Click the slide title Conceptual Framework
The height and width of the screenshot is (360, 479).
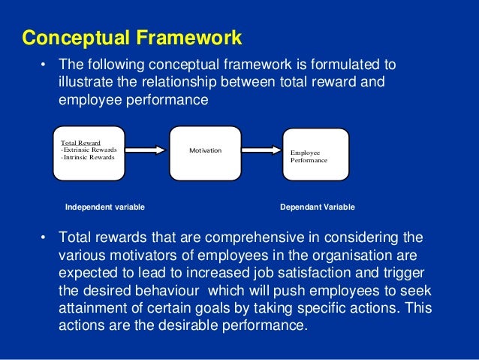coord(131,37)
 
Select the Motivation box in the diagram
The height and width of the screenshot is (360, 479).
coord(205,153)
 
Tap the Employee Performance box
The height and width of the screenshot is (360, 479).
coord(315,154)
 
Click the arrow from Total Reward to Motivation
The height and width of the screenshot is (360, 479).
coord(146,150)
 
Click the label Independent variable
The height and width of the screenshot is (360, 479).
coord(105,207)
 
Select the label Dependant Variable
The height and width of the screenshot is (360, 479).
coord(317,207)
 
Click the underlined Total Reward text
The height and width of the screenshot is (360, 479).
coord(80,142)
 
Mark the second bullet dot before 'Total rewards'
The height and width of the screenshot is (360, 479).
coord(43,239)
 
